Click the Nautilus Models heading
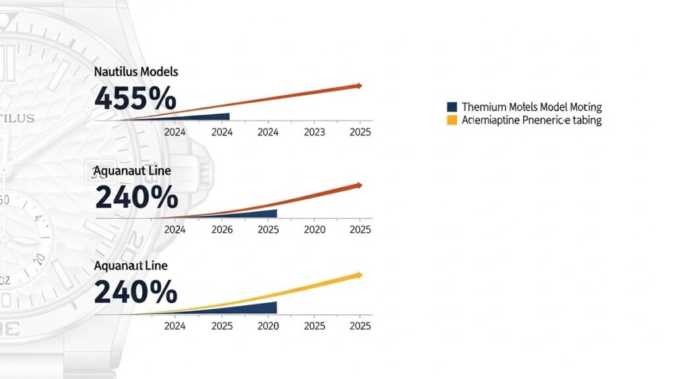pyautogui.click(x=136, y=71)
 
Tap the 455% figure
pyautogui.click(x=136, y=99)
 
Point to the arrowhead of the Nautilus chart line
pyautogui.click(x=359, y=86)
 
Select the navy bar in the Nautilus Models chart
pyautogui.click(x=197, y=116)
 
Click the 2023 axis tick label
pyautogui.click(x=315, y=132)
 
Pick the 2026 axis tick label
pyautogui.click(x=222, y=230)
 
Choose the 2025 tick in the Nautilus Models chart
pyautogui.click(x=360, y=132)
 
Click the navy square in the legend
pyautogui.click(x=452, y=107)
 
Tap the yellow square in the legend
pyautogui.click(x=452, y=120)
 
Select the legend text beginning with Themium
pyautogui.click(x=532, y=107)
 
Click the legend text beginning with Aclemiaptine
pyautogui.click(x=532, y=120)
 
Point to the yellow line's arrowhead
pyautogui.click(x=359, y=274)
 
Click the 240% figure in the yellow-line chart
pyautogui.click(x=136, y=291)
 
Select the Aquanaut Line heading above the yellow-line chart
pyautogui.click(x=130, y=266)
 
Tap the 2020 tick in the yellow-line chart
pyautogui.click(x=268, y=326)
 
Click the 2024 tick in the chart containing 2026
pyautogui.click(x=174, y=230)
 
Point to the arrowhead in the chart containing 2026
pyautogui.click(x=359, y=186)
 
